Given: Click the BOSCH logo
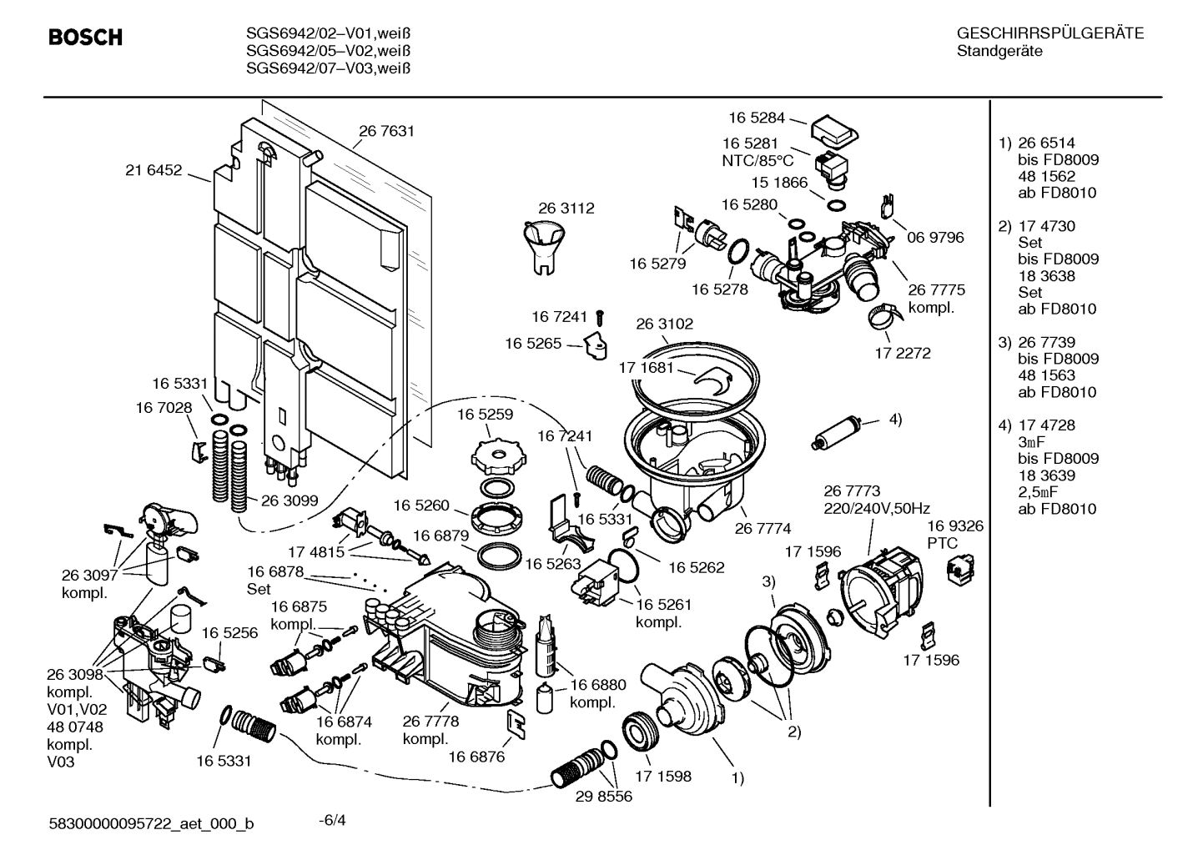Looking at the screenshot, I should tap(85, 38).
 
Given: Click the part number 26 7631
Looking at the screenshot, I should tap(386, 131).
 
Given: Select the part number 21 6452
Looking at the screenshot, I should tap(154, 170).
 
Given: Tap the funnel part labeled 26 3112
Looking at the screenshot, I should tap(543, 242).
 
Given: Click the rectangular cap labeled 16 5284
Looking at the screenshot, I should tap(834, 129).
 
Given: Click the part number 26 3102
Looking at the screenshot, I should tap(664, 324).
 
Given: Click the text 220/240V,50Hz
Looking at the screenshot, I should tap(877, 508).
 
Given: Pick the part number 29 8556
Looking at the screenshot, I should tap(603, 796).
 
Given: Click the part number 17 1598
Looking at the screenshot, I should tap(663, 776).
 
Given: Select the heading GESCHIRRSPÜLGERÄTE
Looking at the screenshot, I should tap(1049, 34).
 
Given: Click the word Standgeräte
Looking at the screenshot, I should tap(999, 51).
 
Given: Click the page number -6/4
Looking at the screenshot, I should tap(332, 820).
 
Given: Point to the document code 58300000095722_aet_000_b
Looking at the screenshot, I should tap(151, 824).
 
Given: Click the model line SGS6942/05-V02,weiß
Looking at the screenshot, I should tap(329, 51).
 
